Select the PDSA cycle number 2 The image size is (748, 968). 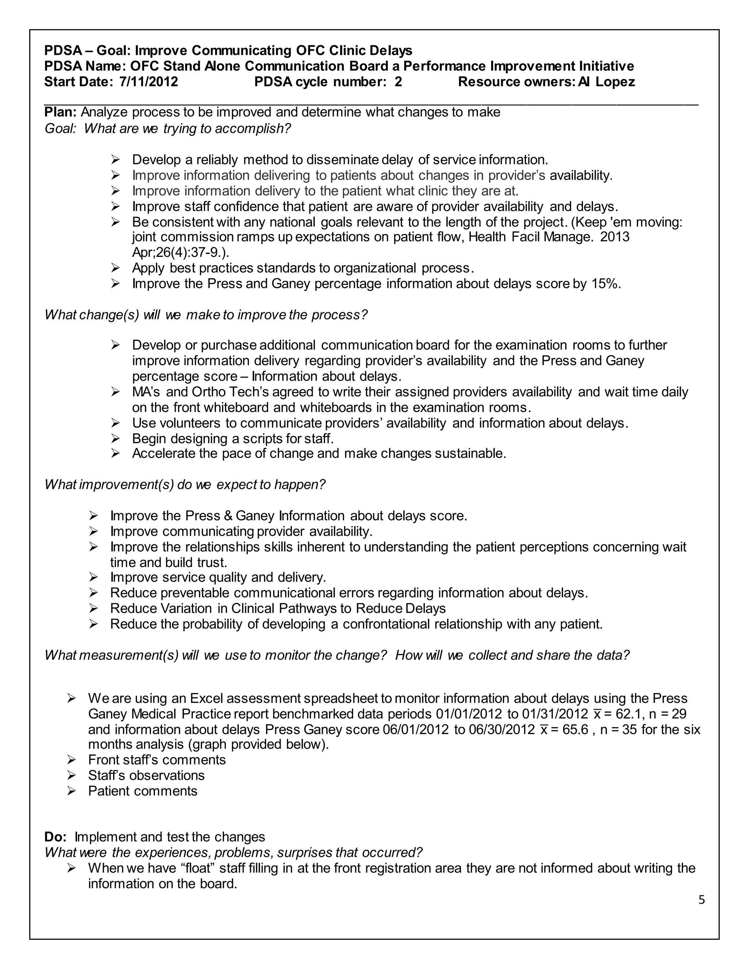click(x=398, y=82)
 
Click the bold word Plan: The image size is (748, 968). click(x=61, y=112)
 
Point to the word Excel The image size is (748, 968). click(x=206, y=698)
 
